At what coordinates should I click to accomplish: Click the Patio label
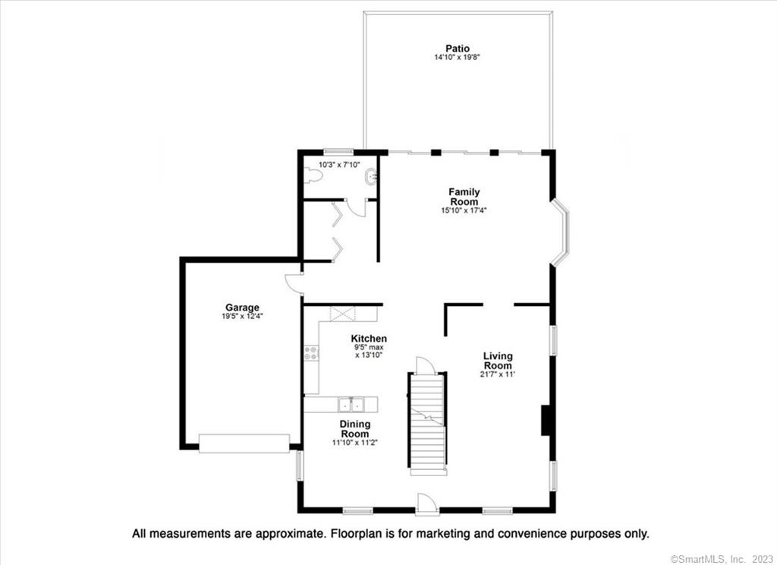[x=458, y=49]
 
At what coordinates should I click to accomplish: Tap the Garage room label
[x=242, y=308]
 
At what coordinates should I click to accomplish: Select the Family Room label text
[x=464, y=197]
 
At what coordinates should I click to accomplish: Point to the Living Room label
[x=498, y=361]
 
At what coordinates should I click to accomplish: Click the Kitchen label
[x=370, y=339]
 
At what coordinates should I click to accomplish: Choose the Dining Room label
[x=355, y=428]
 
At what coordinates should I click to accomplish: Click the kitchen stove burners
[x=310, y=353]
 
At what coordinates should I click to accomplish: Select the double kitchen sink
[x=351, y=404]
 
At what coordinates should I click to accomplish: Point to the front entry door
[x=427, y=504]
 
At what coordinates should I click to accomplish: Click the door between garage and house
[x=294, y=284]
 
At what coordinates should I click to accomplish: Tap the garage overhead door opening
[x=244, y=443]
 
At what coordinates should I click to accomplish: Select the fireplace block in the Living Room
[x=546, y=420]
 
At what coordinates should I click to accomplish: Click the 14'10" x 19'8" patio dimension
[x=458, y=57]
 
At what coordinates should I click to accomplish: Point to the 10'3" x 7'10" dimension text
[x=339, y=165]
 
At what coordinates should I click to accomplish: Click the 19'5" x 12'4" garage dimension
[x=242, y=316]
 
